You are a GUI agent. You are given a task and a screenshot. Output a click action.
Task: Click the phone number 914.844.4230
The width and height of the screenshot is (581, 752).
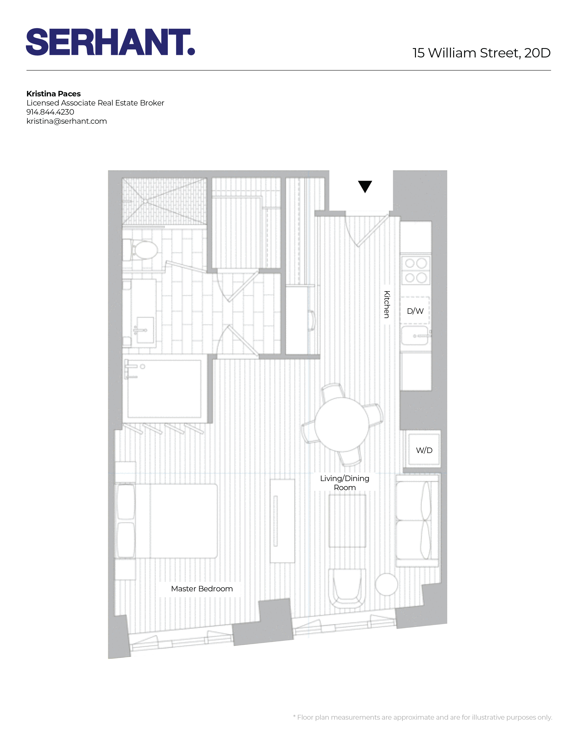tap(50, 112)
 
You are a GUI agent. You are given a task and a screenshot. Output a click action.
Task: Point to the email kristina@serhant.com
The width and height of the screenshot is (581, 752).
tap(67, 121)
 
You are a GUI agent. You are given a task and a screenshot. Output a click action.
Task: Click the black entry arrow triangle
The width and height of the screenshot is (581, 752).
tap(365, 186)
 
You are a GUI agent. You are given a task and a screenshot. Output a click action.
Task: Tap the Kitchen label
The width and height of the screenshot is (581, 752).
tap(387, 304)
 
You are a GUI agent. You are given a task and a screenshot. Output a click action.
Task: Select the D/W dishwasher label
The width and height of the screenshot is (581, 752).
tap(415, 311)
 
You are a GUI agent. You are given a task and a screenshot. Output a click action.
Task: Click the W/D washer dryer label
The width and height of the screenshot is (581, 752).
tap(424, 450)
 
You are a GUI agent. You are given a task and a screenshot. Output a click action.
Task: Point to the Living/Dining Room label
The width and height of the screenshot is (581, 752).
tap(345, 483)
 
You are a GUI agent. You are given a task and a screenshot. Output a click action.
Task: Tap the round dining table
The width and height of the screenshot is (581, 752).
tap(341, 424)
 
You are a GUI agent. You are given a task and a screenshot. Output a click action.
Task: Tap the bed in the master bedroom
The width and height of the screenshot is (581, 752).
tap(167, 521)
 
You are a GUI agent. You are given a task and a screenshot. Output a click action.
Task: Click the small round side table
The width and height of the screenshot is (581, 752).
tap(386, 584)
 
